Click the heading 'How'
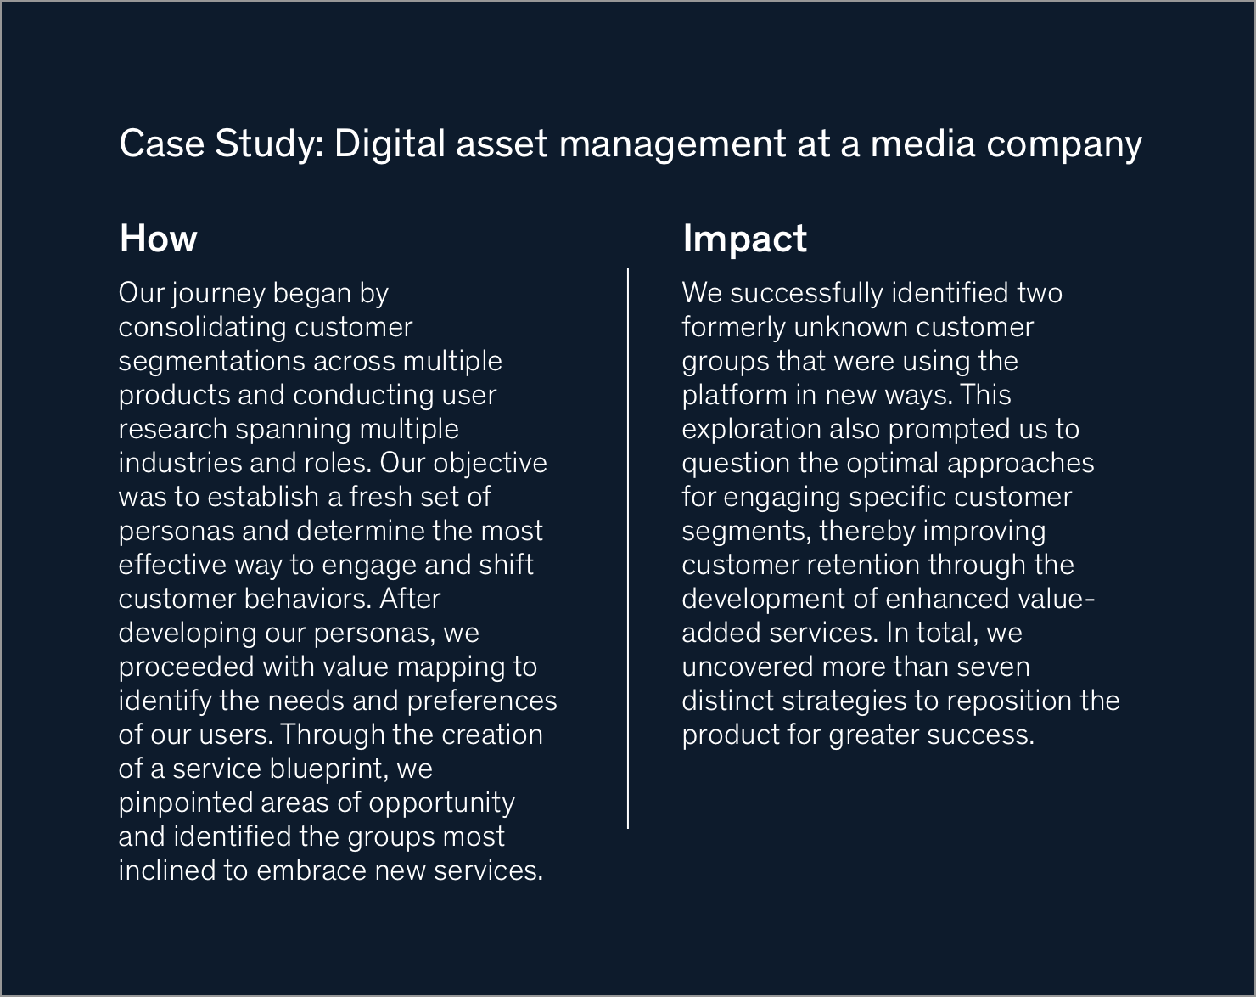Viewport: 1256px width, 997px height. (x=158, y=239)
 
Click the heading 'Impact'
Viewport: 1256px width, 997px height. (x=745, y=239)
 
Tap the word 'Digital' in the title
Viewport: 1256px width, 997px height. (x=390, y=144)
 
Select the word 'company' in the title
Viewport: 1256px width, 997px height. (x=1064, y=144)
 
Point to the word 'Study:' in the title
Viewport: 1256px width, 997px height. (x=270, y=144)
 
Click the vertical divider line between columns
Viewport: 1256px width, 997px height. (x=628, y=549)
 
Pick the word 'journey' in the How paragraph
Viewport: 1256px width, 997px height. (x=219, y=294)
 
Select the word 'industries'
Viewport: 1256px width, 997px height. (x=181, y=463)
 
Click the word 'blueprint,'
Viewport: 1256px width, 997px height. (x=329, y=769)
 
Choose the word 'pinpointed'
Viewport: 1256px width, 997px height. (x=186, y=803)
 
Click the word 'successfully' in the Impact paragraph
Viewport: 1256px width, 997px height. (x=806, y=294)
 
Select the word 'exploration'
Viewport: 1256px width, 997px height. (x=752, y=430)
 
